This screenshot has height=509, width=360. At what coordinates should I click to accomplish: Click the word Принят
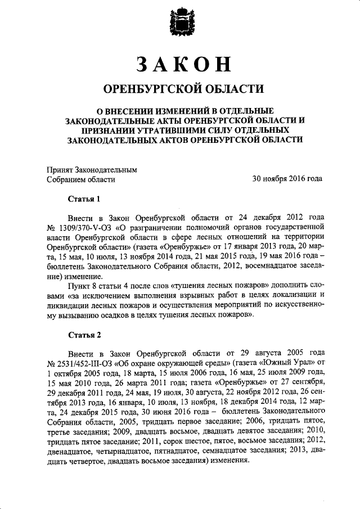(x=58, y=169)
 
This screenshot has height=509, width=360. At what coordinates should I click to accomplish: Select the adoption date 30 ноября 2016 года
(x=287, y=179)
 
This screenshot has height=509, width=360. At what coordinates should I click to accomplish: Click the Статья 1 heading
(x=84, y=199)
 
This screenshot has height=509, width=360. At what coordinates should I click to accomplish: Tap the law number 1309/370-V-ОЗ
(x=85, y=228)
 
